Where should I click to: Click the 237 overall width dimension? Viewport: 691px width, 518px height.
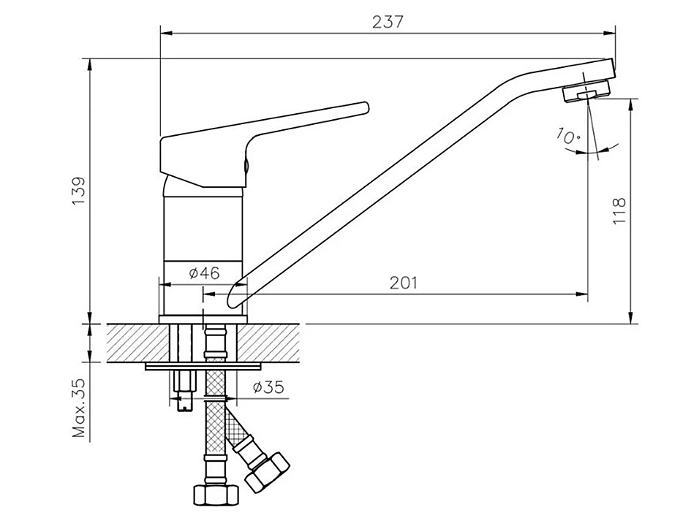388,22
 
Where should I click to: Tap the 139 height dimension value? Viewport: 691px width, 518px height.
79,191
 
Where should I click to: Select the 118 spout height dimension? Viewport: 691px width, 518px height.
619,210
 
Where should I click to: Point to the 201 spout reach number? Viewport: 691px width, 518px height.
403,282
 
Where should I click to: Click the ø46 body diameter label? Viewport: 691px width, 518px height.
205,273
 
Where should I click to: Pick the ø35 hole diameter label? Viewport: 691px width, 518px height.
268,388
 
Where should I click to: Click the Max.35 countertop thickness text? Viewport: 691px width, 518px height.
79,408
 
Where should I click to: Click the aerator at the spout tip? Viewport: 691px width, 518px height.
586,91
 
